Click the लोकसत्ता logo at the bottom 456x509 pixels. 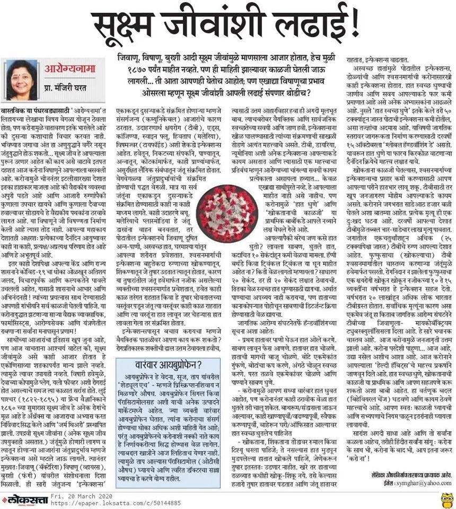tap(21, 499)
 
